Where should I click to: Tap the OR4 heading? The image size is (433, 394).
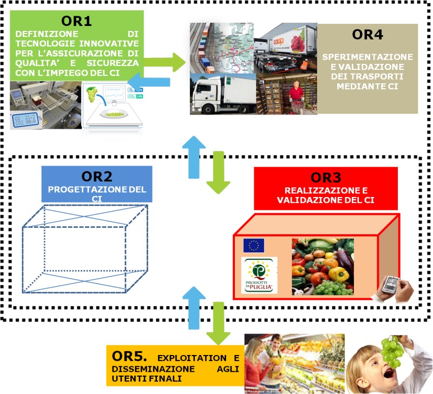pyautogui.click(x=368, y=35)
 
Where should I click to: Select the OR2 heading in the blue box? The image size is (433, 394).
pyautogui.click(x=97, y=176)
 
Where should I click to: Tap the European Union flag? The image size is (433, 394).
pyautogui.click(x=254, y=246)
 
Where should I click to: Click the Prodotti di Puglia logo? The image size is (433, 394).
pyautogui.click(x=259, y=275)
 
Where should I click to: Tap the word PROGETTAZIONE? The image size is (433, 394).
pyautogui.click(x=87, y=190)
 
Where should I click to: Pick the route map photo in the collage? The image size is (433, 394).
pyautogui.click(x=222, y=43)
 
